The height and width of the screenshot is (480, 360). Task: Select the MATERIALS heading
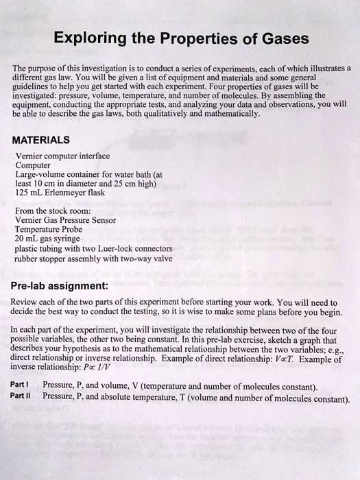(x=41, y=141)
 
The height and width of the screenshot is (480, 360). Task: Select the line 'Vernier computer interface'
(x=62, y=156)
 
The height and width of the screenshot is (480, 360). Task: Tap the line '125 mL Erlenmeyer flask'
(x=59, y=193)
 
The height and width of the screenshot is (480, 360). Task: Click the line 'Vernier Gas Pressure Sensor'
(x=65, y=220)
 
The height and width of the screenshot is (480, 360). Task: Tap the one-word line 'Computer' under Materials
(x=32, y=165)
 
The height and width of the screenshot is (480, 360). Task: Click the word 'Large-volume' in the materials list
(x=40, y=174)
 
